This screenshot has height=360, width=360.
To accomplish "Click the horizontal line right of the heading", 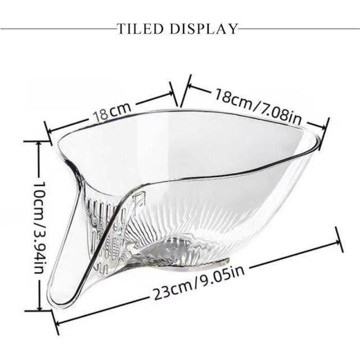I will (x=299, y=28).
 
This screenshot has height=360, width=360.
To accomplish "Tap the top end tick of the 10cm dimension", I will (x=38, y=142).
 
